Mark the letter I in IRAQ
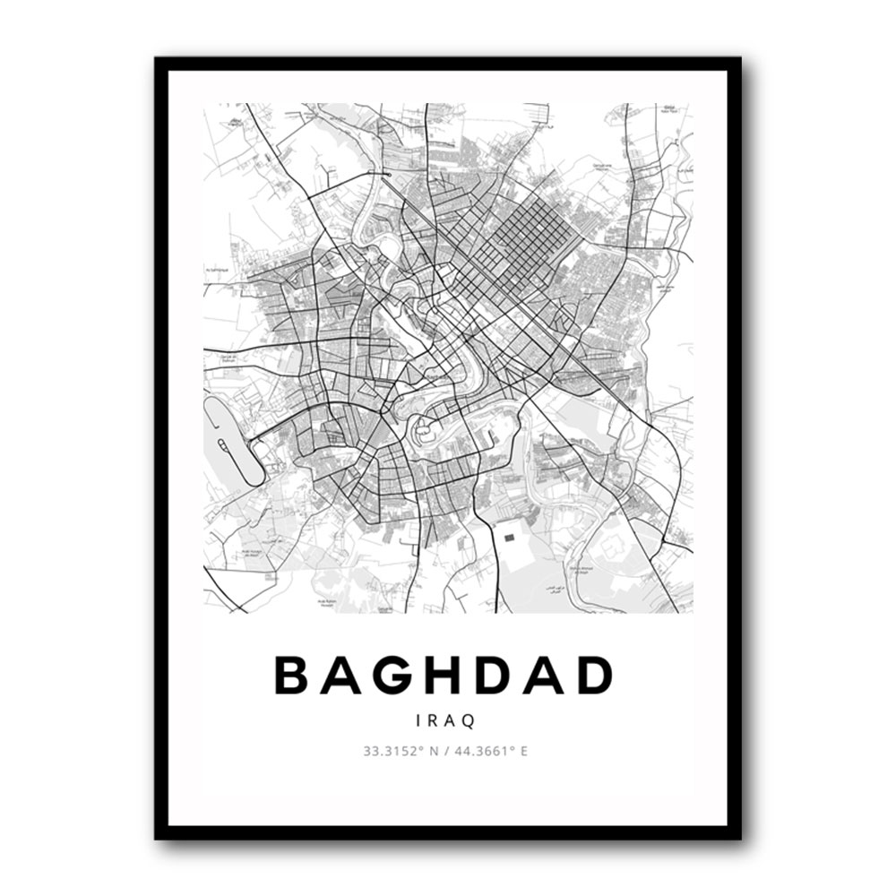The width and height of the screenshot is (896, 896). pyautogui.click(x=420, y=719)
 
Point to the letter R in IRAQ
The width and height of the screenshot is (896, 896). pyautogui.click(x=434, y=719)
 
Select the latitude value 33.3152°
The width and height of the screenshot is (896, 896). pyautogui.click(x=392, y=751)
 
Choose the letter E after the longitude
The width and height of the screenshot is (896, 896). pyautogui.click(x=524, y=751)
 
